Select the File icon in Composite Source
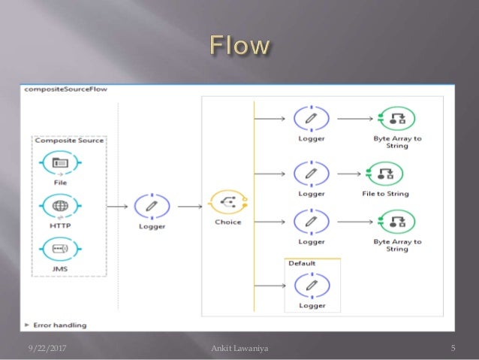coord(61,162)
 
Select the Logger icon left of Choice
coord(152,205)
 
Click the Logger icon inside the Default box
coord(312,285)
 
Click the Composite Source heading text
coord(69,140)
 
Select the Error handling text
coord(60,325)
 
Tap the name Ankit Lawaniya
coord(241,346)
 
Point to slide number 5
coord(453,346)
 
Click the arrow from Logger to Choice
coord(191,204)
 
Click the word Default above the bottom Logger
coord(302,263)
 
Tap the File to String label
coord(386,194)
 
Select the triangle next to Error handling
coord(28,325)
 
